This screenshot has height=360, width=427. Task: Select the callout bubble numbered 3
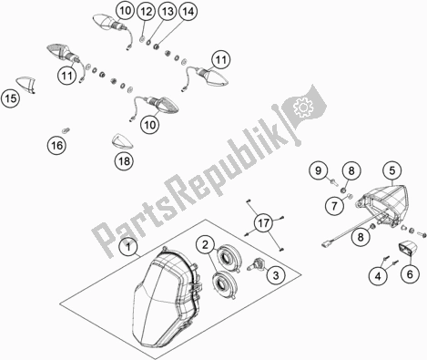276,275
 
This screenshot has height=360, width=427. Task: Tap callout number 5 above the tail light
392,170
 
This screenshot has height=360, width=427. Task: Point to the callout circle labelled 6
410,274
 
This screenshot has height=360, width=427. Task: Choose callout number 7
334,206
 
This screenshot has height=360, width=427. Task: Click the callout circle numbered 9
318,170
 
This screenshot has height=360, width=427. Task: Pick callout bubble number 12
146,12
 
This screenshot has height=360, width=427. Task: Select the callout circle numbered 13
168,12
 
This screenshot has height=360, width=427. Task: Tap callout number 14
188,12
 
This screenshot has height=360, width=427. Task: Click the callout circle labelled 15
10,98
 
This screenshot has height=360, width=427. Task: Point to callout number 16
56,146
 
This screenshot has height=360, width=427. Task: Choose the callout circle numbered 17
264,223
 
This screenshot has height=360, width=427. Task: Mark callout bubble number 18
124,161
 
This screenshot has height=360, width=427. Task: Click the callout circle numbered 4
378,276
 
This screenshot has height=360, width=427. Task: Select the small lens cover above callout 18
122,141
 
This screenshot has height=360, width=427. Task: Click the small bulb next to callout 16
66,130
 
